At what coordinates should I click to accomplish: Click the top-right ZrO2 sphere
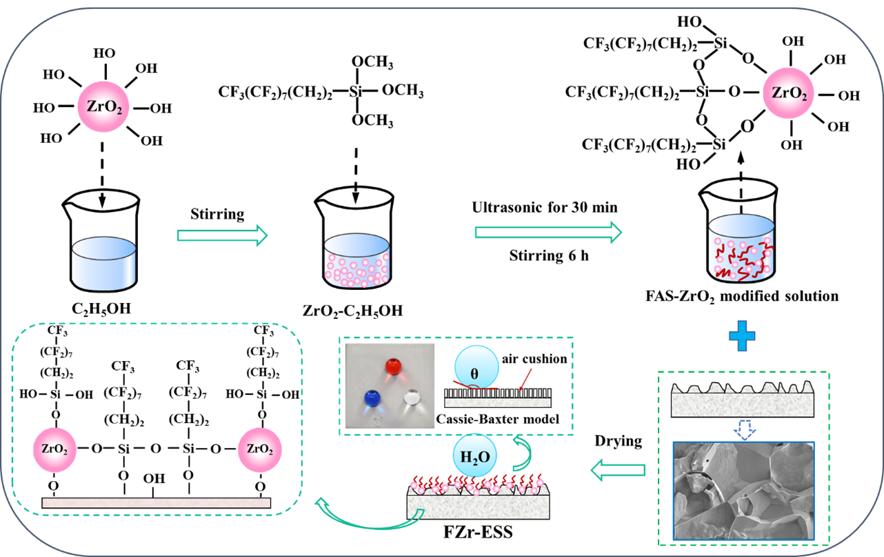tap(788, 93)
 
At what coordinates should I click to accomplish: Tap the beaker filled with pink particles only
tap(356, 260)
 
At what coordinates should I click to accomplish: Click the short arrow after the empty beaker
tap(222, 235)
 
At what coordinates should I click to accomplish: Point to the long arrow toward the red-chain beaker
tap(548, 233)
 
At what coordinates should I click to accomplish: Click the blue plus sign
tap(742, 335)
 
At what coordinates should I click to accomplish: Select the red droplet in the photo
tap(394, 367)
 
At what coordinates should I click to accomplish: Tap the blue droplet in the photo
tap(372, 398)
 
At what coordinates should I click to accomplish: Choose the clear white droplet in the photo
tap(412, 398)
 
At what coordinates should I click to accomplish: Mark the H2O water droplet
tap(475, 456)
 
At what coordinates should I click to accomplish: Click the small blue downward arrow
tap(743, 431)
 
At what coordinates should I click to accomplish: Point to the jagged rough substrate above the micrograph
tap(742, 400)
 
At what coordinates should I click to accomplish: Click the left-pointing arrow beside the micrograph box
tap(618, 471)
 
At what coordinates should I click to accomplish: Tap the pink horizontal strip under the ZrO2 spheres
tap(157, 502)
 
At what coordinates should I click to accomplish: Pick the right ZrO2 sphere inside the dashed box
tap(260, 450)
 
